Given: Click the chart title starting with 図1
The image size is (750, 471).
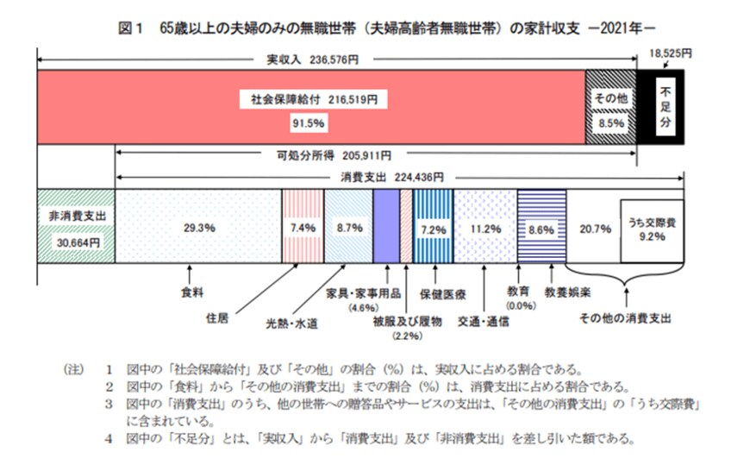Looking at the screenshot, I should click(x=393, y=28).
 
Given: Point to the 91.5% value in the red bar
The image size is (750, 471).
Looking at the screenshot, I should click(x=308, y=123).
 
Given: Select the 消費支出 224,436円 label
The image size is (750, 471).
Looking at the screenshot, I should click(x=387, y=178).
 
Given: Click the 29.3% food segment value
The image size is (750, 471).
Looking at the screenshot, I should click(x=198, y=228).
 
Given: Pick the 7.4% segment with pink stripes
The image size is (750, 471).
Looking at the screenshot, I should click(x=303, y=228).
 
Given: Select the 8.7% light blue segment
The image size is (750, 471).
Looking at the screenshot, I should click(x=347, y=228).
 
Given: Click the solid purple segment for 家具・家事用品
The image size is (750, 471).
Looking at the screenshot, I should click(x=385, y=228).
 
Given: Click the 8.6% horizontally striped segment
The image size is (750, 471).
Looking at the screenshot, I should click(x=541, y=228).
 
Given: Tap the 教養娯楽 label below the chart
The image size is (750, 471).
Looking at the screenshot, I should click(x=562, y=293).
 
